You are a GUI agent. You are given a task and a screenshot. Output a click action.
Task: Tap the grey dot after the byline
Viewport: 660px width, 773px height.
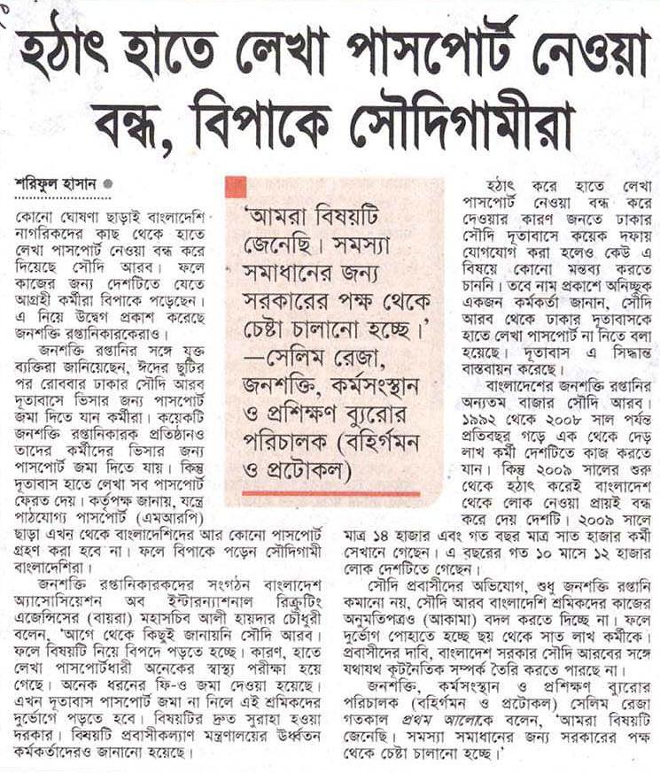(x=108, y=184)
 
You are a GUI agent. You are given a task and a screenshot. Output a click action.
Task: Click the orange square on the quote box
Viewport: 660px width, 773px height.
(x=236, y=187)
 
